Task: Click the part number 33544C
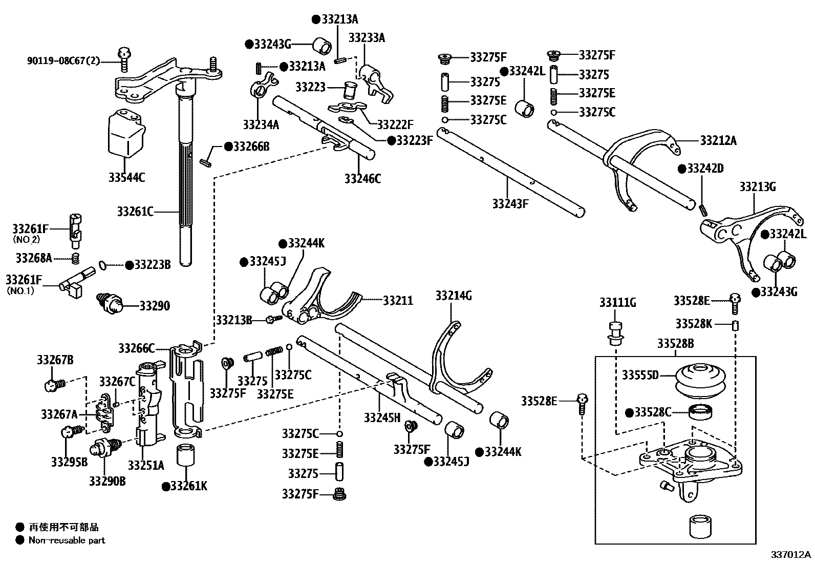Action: tap(126, 178)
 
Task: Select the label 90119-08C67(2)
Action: tap(63, 61)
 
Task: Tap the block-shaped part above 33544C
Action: tap(125, 132)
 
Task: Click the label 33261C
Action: tap(135, 211)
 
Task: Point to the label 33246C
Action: tap(362, 178)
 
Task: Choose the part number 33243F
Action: tap(510, 203)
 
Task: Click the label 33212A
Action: tap(718, 140)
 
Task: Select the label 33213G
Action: tap(757, 187)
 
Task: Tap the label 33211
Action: tap(398, 300)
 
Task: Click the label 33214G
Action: tap(454, 296)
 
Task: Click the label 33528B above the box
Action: tap(676, 343)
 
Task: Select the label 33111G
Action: tap(618, 303)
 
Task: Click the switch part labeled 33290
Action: tap(110, 304)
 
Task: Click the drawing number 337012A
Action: tap(791, 555)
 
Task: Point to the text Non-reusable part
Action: tap(67, 540)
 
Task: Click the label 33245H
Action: tap(382, 418)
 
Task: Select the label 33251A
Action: tap(146, 465)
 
